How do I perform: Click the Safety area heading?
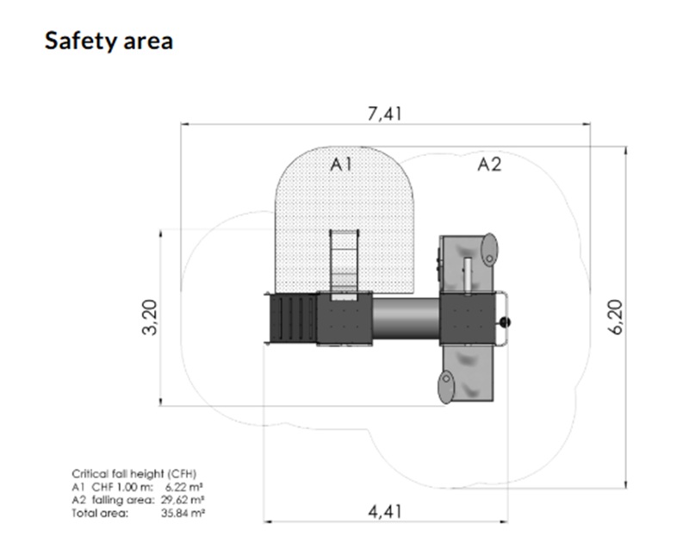109,41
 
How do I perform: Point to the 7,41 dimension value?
384,114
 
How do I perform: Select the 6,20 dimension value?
617,316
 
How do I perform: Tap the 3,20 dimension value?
150,317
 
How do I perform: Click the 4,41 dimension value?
385,511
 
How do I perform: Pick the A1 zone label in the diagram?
341,165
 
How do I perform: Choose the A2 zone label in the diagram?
489,165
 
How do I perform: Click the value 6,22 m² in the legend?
184,487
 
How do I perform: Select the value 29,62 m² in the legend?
183,500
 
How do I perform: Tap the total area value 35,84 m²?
183,513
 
